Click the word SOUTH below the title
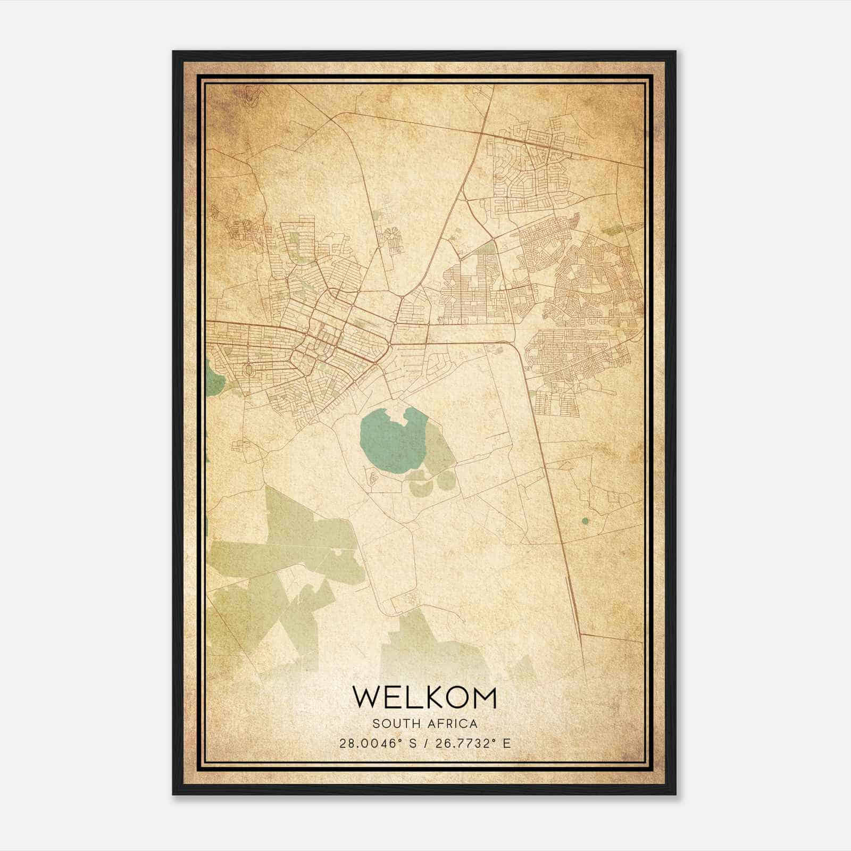click(393, 724)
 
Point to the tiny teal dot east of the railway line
click(586, 521)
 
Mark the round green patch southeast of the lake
click(444, 480)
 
